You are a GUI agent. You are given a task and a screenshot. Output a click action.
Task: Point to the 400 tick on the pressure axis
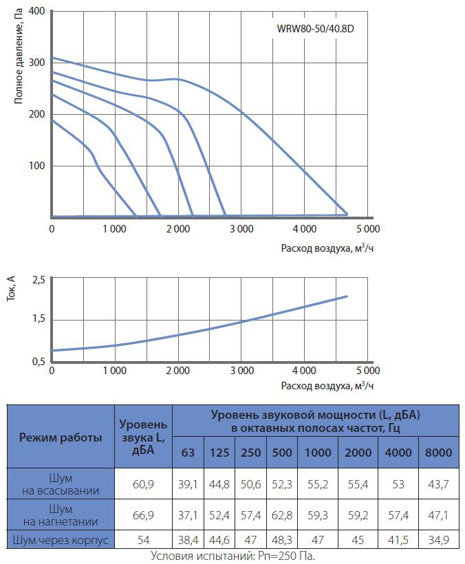(x=36, y=12)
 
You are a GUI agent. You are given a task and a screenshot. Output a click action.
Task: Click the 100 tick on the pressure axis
(x=36, y=166)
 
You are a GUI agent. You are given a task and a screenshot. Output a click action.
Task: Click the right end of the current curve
(x=347, y=296)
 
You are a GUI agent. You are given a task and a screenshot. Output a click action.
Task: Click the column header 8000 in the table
(x=438, y=452)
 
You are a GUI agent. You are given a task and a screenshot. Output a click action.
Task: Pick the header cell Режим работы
(x=61, y=437)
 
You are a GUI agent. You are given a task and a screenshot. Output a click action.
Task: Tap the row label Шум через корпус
(x=61, y=540)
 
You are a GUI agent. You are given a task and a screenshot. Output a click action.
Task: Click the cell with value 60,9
(x=143, y=484)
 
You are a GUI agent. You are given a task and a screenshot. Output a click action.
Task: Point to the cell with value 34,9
(x=438, y=540)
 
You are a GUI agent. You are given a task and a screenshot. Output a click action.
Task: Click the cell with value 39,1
(x=187, y=484)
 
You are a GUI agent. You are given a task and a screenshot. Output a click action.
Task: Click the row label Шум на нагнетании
(x=61, y=515)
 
